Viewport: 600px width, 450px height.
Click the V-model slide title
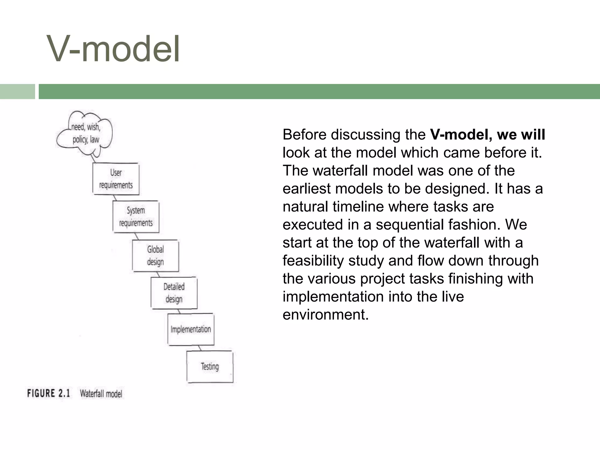(113, 49)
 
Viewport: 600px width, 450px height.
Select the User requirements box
(116, 179)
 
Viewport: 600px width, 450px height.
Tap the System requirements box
(136, 217)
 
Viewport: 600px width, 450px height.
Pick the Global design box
(155, 255)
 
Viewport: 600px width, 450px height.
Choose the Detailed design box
(174, 293)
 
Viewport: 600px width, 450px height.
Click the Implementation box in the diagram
(191, 329)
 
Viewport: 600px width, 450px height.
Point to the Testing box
(210, 367)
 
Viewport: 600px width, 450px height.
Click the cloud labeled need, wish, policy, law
(85, 134)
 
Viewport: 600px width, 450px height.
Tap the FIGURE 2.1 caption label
(49, 393)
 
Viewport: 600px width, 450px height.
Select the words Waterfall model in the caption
(101, 393)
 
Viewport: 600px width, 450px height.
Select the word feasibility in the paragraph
(313, 260)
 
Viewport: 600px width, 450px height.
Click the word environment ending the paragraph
(325, 315)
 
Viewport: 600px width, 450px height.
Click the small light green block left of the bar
(17, 91)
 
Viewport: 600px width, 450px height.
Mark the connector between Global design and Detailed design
(158, 275)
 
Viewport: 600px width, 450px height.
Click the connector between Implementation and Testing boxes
(200, 348)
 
